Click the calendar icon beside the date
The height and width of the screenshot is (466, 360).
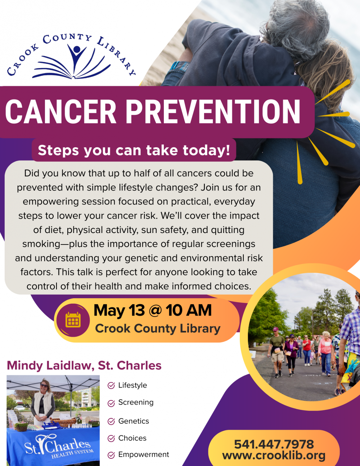(x=73, y=320)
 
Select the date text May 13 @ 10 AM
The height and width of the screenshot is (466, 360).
(x=153, y=310)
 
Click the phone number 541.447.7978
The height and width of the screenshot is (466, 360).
(x=274, y=444)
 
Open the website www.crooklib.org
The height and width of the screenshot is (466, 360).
(x=274, y=455)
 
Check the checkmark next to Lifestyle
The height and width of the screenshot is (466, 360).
(x=111, y=385)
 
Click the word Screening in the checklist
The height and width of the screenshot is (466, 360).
(x=136, y=402)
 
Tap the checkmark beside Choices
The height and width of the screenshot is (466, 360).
(x=111, y=438)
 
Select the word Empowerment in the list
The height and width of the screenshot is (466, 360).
(x=144, y=454)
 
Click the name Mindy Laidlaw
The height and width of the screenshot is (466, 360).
(x=50, y=366)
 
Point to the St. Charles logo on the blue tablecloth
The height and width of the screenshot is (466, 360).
(x=59, y=445)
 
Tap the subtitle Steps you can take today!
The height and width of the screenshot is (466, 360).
(x=134, y=150)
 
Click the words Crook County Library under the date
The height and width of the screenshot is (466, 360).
(x=158, y=329)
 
